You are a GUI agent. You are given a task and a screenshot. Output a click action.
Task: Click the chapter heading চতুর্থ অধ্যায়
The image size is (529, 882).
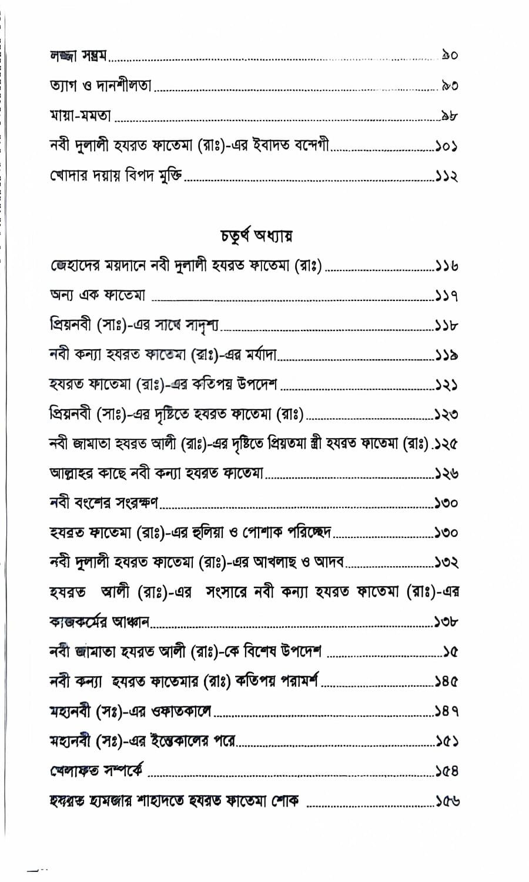point(257,236)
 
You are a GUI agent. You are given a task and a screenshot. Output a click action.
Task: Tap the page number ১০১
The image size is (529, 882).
point(447,145)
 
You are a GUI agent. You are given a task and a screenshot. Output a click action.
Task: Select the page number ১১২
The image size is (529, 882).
point(447,175)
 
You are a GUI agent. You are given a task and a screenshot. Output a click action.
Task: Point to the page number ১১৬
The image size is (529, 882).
point(447,266)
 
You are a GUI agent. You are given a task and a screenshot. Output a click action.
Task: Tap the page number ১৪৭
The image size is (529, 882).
point(447,711)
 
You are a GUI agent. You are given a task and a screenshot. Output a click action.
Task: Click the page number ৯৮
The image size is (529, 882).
point(450,115)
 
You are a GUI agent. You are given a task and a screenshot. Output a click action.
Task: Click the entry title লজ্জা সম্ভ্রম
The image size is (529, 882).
point(78,56)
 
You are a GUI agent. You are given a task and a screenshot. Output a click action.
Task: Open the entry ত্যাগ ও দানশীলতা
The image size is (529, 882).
point(101,86)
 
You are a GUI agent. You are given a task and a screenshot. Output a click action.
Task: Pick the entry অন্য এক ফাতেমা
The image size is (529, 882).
point(98,296)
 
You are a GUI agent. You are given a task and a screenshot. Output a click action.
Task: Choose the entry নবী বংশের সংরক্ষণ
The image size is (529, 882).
point(105,503)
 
